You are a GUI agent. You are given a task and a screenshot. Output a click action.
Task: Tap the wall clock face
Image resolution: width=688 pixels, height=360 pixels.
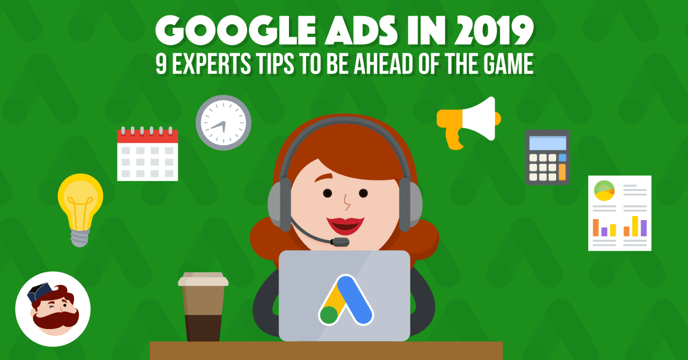click(x=224, y=123)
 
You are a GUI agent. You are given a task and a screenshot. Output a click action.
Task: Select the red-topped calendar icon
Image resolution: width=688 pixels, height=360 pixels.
click(x=147, y=154)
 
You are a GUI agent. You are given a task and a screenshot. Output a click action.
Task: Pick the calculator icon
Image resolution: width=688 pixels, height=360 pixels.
click(x=548, y=157)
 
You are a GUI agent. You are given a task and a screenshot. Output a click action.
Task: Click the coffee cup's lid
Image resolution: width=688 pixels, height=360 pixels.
click(x=203, y=280)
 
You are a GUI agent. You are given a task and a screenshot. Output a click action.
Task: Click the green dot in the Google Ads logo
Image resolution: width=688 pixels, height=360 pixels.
click(x=329, y=314)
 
